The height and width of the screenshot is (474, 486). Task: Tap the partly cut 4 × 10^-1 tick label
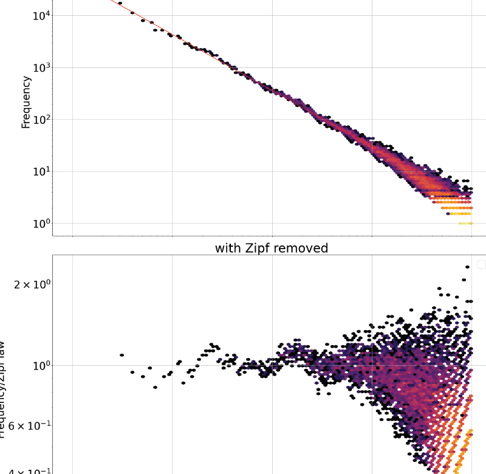point(24,471)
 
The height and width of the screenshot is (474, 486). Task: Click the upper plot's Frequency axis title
point(26,101)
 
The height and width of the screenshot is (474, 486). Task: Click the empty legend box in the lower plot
point(482,264)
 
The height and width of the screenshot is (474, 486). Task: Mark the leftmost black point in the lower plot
point(122,355)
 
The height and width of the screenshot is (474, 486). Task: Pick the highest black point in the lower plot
point(464,280)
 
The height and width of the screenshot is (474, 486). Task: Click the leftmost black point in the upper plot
point(120,3)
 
